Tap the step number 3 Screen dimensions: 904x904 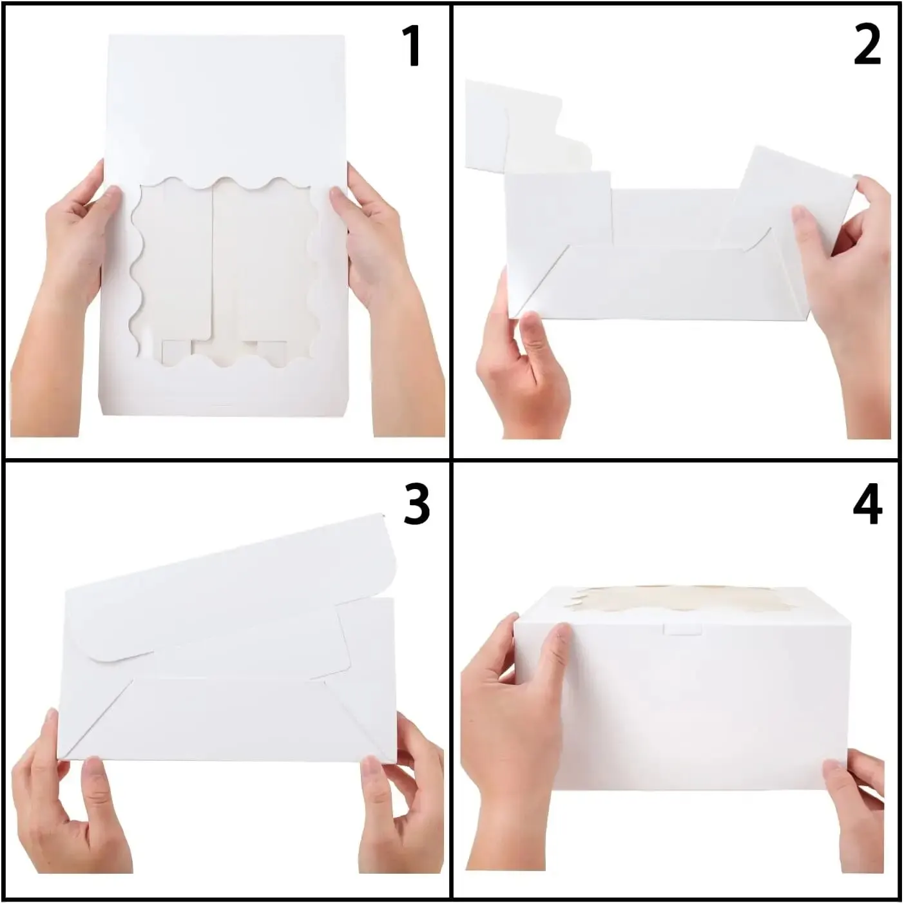(x=416, y=505)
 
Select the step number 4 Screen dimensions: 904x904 (x=867, y=505)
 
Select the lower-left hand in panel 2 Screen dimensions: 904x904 (x=521, y=366)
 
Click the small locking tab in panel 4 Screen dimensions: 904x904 (x=683, y=629)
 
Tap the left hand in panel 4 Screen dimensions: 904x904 (x=512, y=732)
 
